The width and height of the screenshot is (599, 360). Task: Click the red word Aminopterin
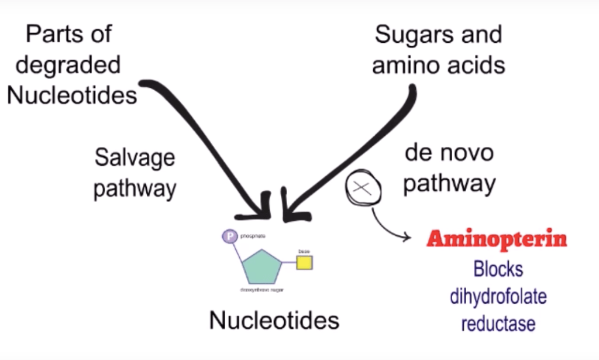(497, 239)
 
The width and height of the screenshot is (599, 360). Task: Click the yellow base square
(304, 263)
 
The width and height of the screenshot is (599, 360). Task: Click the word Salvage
(135, 158)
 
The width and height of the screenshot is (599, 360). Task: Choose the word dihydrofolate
(498, 296)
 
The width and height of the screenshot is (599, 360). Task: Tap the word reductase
(498, 323)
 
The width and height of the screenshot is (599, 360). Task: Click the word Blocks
(498, 269)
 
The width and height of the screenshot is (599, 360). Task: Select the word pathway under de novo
(449, 183)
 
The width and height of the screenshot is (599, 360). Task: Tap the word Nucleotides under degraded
(72, 94)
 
